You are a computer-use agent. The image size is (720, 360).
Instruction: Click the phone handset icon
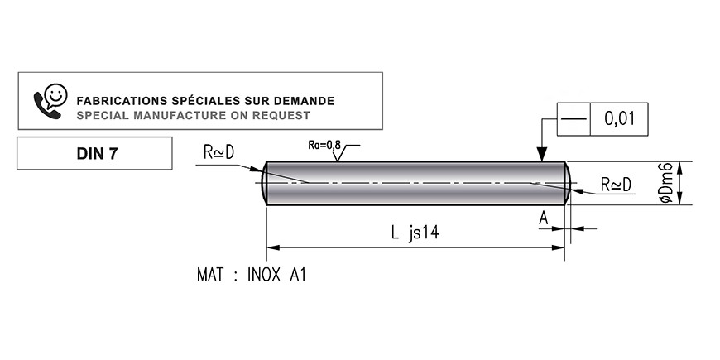click(46, 105)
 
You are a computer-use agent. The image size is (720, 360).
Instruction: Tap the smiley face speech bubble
click(56, 95)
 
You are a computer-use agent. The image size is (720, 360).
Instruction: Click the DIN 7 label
click(97, 154)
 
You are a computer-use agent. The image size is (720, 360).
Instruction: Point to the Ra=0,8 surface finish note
click(324, 145)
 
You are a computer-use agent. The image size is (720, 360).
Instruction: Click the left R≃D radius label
click(218, 152)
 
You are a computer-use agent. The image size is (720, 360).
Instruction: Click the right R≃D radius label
click(616, 185)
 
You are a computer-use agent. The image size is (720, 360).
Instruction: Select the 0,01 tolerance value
click(619, 119)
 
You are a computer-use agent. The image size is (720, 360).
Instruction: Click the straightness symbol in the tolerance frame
click(574, 119)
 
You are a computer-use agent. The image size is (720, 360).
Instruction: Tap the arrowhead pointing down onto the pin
click(542, 154)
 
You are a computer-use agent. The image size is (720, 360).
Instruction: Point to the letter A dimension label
click(544, 218)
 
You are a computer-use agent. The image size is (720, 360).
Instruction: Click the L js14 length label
click(415, 233)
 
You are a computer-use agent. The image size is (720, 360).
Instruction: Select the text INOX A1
click(276, 275)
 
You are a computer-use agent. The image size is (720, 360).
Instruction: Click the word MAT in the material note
click(210, 275)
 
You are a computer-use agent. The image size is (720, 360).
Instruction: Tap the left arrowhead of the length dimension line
click(273, 247)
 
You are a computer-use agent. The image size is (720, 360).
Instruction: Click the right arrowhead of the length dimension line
click(558, 247)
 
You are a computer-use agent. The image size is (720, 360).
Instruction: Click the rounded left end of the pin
click(264, 183)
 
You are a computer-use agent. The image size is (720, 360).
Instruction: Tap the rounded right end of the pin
click(568, 183)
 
